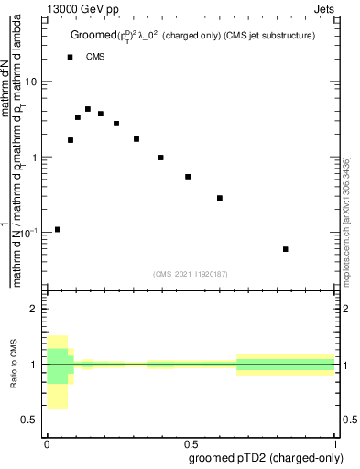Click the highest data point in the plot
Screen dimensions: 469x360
click(88, 109)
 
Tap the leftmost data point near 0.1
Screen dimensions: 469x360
click(58, 229)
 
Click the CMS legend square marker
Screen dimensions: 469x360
click(71, 57)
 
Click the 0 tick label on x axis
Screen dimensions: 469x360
click(47, 441)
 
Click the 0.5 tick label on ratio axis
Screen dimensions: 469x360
click(30, 420)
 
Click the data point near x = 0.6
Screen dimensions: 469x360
click(220, 198)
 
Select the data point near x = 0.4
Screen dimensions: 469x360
click(160, 158)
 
